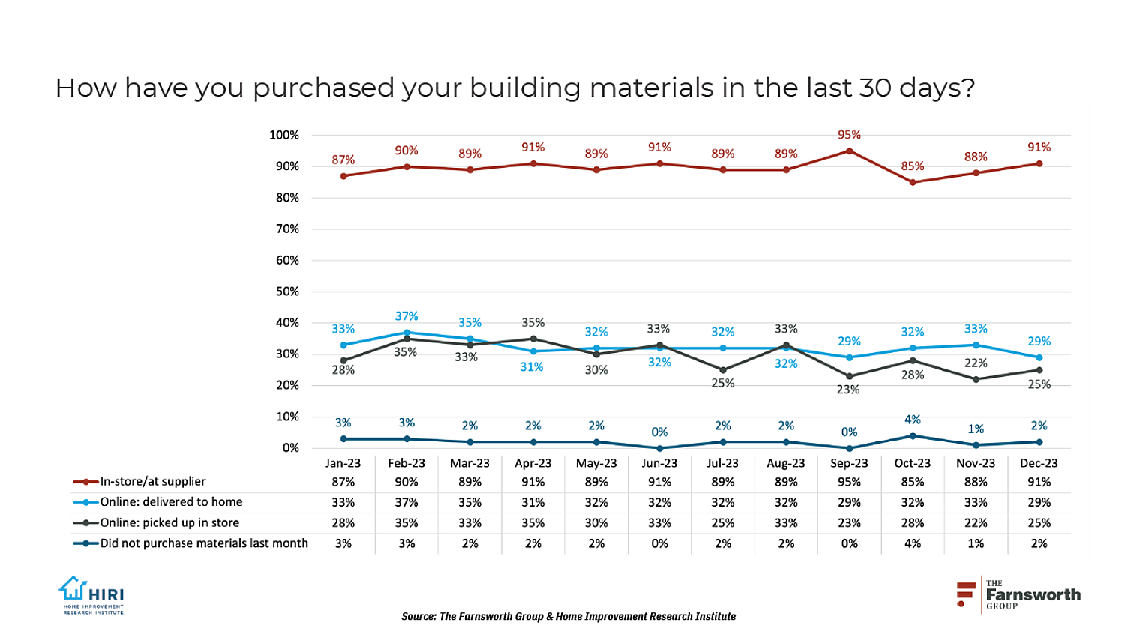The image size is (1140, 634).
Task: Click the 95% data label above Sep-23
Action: click(849, 135)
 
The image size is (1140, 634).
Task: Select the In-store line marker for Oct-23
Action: click(913, 182)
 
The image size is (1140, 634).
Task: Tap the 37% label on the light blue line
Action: click(406, 316)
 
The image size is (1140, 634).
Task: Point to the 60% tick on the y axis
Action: click(284, 260)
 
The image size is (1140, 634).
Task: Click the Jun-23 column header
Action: click(659, 463)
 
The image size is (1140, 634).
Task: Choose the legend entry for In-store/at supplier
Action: click(152, 481)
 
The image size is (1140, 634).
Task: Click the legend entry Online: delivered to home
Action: click(171, 502)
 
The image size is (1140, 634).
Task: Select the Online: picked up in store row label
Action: click(169, 522)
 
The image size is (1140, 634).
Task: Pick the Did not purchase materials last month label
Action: click(204, 543)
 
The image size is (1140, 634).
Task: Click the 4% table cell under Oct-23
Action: click(913, 543)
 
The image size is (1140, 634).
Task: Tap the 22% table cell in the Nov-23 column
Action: click(976, 522)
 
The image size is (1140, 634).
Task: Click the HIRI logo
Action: click(91, 595)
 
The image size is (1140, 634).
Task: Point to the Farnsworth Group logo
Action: click(1018, 594)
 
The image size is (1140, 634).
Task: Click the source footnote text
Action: click(568, 616)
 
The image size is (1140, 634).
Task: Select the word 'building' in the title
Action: click(525, 88)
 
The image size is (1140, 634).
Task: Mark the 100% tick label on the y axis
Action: click(284, 135)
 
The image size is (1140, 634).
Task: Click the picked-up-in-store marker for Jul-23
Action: click(723, 370)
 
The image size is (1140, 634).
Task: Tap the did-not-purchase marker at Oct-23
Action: click(913, 435)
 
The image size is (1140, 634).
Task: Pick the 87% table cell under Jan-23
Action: click(343, 481)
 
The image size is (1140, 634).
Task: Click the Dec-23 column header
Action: click(1039, 463)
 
